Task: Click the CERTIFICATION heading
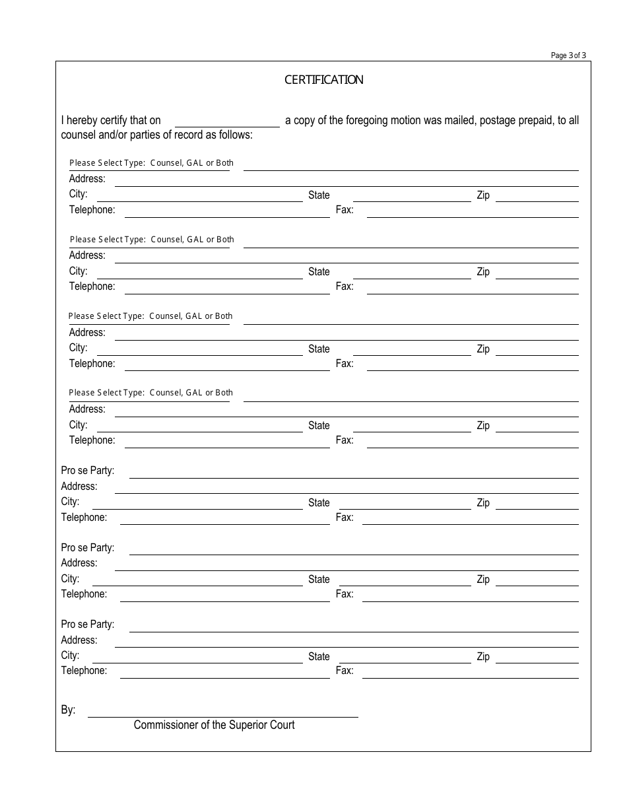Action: [323, 80]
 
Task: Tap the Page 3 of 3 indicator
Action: [568, 55]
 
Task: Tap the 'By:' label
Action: [69, 710]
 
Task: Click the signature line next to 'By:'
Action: [222, 712]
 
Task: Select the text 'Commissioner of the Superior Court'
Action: [214, 725]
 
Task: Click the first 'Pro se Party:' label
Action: [88, 471]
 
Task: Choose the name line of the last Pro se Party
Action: [353, 625]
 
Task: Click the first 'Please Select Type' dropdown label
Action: [151, 163]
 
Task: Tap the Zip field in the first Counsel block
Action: [537, 196]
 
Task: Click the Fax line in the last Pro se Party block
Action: [470, 672]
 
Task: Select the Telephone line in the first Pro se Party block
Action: [224, 519]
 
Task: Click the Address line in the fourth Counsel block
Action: [346, 411]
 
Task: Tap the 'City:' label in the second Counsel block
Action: [78, 271]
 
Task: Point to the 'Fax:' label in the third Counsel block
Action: [345, 364]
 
